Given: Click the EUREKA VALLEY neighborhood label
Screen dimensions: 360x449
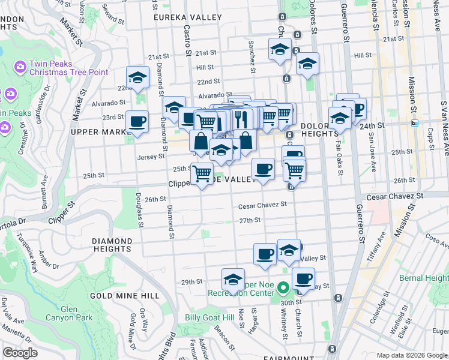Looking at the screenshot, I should coord(187,17).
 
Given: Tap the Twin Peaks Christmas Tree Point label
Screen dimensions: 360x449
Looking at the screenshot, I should coord(68,68).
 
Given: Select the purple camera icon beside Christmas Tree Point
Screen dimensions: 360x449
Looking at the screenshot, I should coord(20,65).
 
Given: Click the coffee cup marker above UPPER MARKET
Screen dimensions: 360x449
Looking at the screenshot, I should coord(137,122).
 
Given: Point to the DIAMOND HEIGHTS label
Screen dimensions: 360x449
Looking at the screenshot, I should coord(112,245).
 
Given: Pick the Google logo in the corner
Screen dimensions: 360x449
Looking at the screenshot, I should coord(20,353).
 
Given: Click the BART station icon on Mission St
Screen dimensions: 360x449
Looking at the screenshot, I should coord(414,123).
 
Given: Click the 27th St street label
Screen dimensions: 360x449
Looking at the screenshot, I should coord(249,220).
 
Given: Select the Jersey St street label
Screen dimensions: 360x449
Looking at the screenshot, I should coord(153,157).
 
